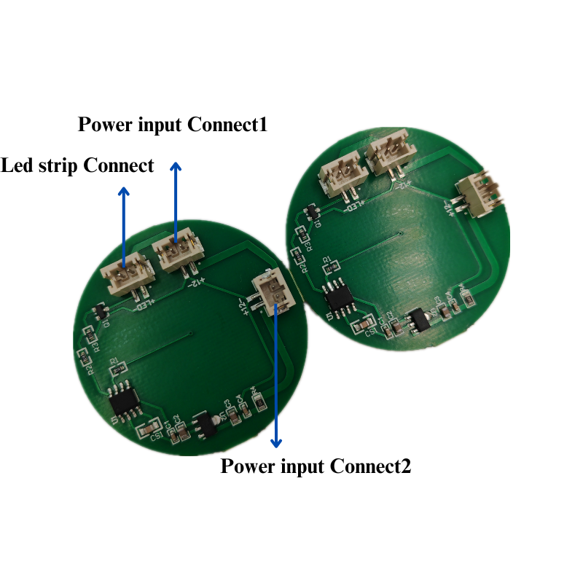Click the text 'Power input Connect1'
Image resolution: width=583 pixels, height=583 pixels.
173,125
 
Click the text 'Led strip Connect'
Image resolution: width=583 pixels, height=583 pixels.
77,165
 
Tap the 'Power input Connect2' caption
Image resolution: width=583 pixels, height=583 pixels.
316,466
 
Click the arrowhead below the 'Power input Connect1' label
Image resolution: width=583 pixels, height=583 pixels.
176,167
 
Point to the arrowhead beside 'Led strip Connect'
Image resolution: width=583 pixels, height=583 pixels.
124,192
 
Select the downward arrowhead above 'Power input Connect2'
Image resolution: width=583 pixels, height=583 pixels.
276,442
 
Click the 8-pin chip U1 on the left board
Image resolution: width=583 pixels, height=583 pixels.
122,400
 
